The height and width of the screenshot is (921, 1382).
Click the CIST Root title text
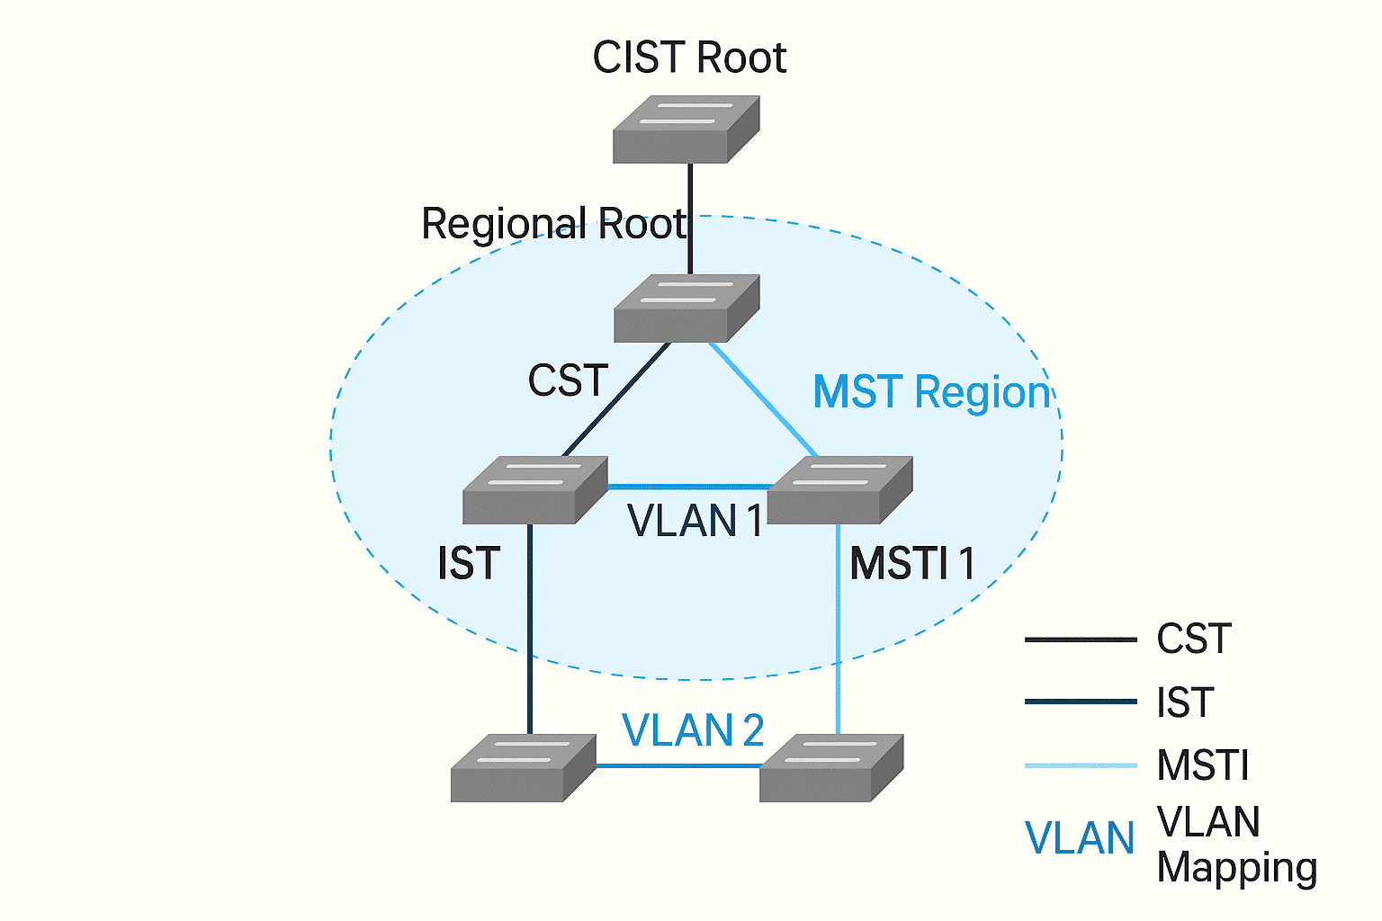pos(689,58)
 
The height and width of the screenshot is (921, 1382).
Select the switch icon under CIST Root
pos(686,130)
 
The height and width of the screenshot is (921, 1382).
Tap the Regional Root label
pos(553,224)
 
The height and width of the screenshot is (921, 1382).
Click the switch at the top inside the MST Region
pos(686,308)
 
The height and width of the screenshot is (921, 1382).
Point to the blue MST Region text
pos(931,393)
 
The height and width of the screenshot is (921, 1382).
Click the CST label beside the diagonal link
pos(568,380)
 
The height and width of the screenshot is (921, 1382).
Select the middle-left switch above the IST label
pos(534,490)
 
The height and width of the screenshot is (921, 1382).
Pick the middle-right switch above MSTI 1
pos(839,490)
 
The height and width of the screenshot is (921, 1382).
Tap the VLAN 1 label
pos(695,522)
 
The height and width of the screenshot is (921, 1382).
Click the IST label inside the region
pos(468,565)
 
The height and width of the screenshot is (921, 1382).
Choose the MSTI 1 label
pos(912,565)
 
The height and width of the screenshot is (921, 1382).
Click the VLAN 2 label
pos(693,730)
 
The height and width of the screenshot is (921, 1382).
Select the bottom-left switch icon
pos(523,768)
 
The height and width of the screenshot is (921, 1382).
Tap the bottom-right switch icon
pos(830,768)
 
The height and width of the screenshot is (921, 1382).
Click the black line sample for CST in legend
pos(1080,640)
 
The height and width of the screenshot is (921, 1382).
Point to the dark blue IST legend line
pos(1080,702)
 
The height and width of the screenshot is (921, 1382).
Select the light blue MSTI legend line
pos(1080,765)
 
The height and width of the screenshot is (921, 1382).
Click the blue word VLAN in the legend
pos(1080,839)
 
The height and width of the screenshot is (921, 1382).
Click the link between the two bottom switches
pos(678,766)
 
